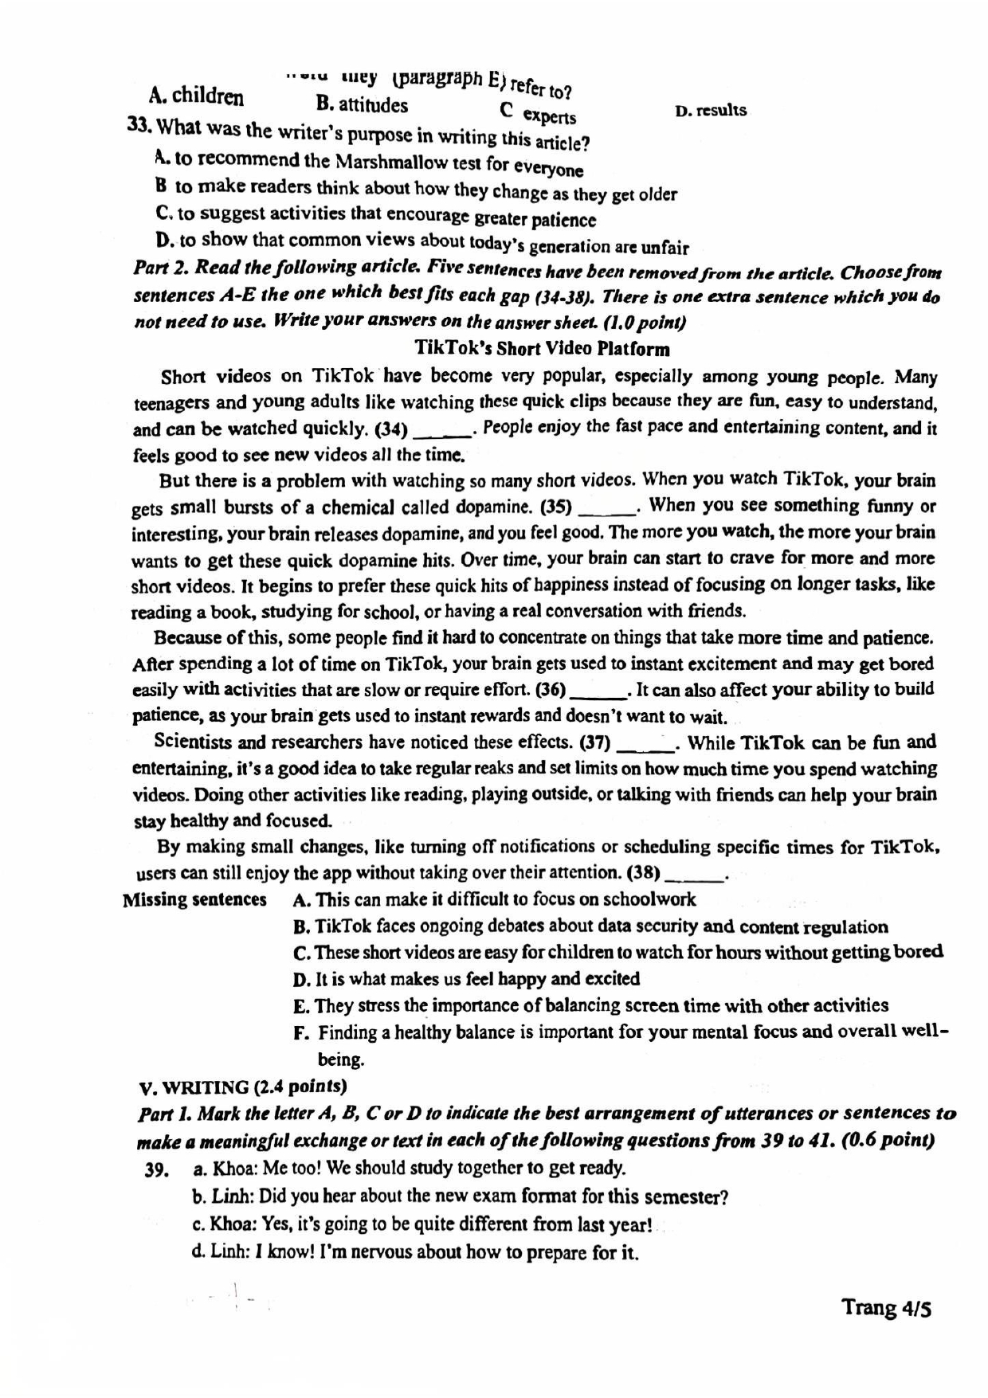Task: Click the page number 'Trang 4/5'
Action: [x=885, y=1308]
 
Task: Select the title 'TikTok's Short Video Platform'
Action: [x=542, y=349]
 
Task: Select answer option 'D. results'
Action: [x=710, y=111]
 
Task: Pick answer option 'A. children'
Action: [x=196, y=96]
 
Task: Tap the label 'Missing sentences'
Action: [x=194, y=900]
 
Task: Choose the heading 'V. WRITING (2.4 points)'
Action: [x=242, y=1087]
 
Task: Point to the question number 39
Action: [x=157, y=1170]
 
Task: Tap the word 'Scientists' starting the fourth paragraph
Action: [x=191, y=742]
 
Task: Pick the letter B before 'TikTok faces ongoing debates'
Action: [x=300, y=927]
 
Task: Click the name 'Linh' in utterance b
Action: [x=231, y=1196]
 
